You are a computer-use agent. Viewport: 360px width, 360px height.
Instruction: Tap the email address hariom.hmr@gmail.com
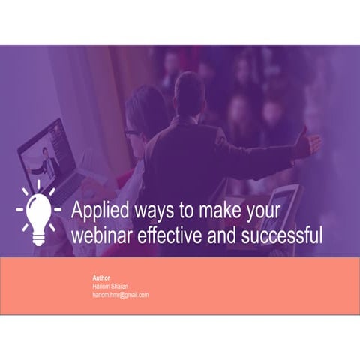[x=120, y=295]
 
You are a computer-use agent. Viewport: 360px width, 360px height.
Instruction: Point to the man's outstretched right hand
[x=307, y=142]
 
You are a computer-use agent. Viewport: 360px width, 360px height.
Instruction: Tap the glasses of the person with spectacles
[x=132, y=133]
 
